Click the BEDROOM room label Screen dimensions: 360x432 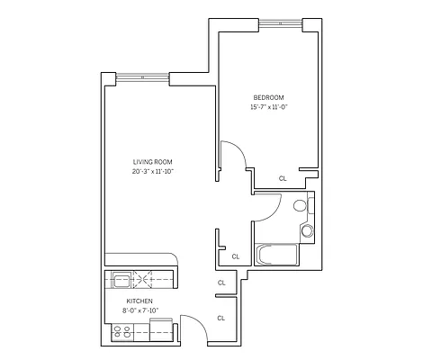tap(269, 97)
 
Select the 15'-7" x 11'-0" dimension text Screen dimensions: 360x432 tap(269, 107)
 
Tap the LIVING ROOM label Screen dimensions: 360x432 tap(152, 161)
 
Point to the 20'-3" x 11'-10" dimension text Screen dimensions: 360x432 tap(152, 171)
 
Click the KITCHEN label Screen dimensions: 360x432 tap(139, 301)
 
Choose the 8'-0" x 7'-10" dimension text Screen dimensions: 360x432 tap(139, 311)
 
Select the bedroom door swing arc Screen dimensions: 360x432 tap(236, 153)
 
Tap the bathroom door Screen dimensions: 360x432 tap(265, 209)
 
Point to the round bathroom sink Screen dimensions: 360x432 tap(307, 232)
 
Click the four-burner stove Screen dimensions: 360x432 tap(122, 334)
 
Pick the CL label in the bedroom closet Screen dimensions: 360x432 tap(282, 178)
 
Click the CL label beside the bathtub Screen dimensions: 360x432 tap(235, 256)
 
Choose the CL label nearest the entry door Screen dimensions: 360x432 tap(221, 317)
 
